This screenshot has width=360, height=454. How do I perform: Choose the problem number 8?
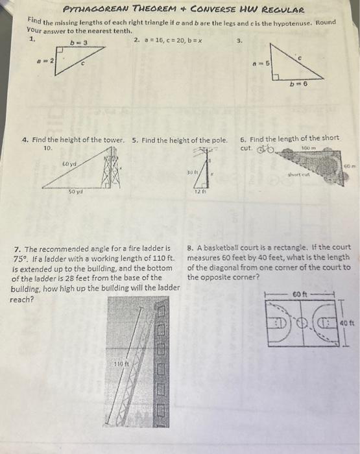pyautogui.click(x=189, y=248)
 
